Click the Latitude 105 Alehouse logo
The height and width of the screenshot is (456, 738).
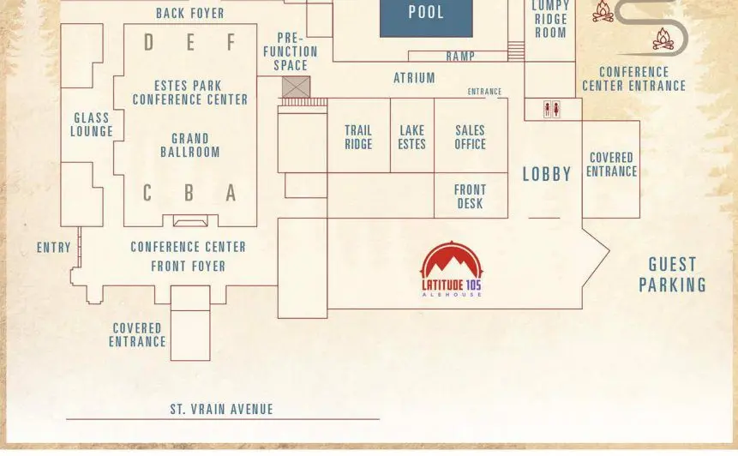tap(452, 269)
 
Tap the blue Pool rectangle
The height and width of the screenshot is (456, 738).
tap(426, 18)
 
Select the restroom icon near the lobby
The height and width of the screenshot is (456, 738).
tap(552, 109)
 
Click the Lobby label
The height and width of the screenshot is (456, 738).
tap(547, 175)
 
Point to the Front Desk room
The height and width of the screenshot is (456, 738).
tap(471, 195)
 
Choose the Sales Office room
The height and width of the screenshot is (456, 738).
tap(471, 135)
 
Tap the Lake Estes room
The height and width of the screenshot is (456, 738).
tap(411, 135)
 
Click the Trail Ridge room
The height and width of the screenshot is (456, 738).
tap(358, 135)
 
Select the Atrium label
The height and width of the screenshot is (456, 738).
tap(414, 78)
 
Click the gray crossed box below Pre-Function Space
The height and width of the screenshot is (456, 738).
tap(296, 87)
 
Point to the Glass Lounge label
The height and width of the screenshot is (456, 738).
tap(92, 124)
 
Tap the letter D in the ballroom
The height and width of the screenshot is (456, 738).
tap(149, 42)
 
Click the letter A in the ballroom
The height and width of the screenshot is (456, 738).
tap(231, 193)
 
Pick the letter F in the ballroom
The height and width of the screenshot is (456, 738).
tap(231, 42)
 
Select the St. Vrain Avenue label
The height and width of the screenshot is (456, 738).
tap(222, 410)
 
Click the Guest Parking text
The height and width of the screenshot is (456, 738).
tap(673, 275)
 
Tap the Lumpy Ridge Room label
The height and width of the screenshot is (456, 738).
tap(550, 20)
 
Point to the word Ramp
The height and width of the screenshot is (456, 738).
tap(460, 57)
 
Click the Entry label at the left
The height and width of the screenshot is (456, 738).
tap(54, 248)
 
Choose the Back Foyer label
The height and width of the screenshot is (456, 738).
tap(190, 14)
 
